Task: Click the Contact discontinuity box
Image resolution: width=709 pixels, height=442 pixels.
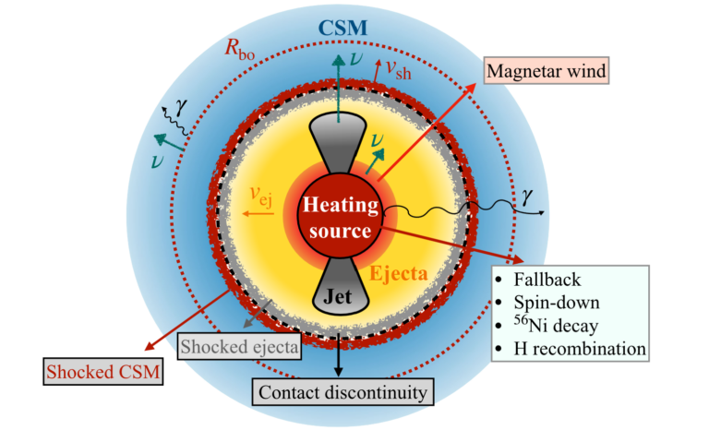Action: (x=343, y=392)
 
